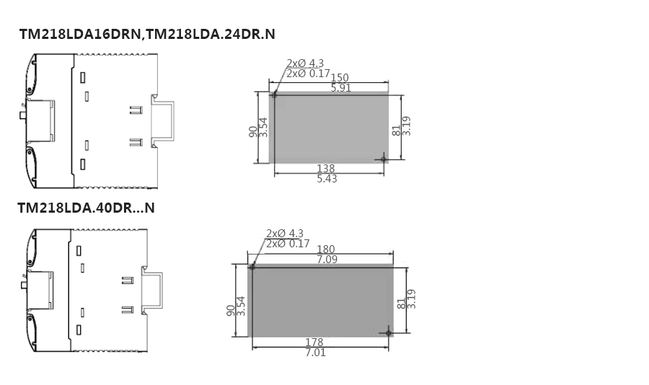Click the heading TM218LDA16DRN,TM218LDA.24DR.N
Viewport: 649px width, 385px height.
[x=147, y=34]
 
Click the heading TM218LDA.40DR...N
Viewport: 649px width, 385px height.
[x=86, y=208]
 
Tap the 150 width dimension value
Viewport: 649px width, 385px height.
[x=340, y=77]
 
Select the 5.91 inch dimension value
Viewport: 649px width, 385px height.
[x=340, y=88]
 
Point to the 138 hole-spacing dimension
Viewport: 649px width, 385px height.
[x=326, y=169]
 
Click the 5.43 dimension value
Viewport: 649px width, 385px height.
[x=327, y=179]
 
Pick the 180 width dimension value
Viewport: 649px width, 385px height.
[x=326, y=249]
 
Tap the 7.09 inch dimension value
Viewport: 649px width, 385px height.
[x=327, y=260]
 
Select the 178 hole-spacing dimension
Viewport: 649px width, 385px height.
[x=314, y=342]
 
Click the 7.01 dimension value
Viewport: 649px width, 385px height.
[x=315, y=353]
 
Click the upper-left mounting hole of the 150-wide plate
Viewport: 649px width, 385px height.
[x=274, y=95]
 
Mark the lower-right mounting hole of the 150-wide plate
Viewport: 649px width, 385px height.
[x=384, y=159]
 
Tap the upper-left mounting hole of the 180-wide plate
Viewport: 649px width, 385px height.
[x=252, y=267]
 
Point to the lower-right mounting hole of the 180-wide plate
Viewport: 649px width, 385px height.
[x=388, y=332]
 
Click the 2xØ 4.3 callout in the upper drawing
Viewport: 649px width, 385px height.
[x=305, y=63]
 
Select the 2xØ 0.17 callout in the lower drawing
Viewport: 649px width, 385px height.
[x=288, y=244]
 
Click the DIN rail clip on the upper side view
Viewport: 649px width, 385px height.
[x=162, y=120]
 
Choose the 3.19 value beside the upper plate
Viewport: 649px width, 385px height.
[x=407, y=126]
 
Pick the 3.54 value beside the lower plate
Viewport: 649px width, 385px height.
[x=241, y=306]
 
